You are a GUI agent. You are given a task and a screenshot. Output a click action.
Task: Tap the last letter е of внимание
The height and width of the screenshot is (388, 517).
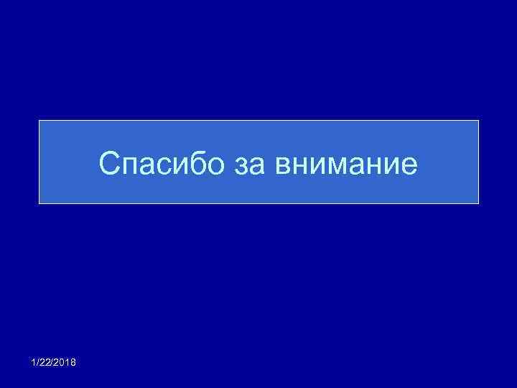409,166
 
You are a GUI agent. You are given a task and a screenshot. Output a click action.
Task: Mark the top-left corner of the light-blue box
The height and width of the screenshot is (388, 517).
39,120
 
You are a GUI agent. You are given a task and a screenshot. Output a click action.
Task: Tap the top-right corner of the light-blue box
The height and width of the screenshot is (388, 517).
478,120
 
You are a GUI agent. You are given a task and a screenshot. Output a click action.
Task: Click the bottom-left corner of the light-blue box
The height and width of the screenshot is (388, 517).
39,203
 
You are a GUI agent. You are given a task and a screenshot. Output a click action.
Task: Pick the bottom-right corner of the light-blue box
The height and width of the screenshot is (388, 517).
478,203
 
